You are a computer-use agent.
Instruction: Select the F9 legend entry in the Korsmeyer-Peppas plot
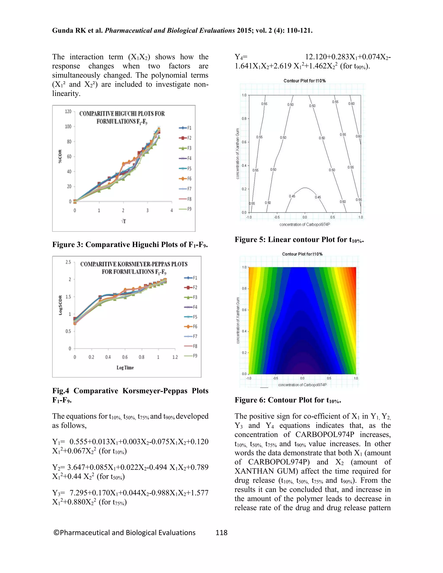click(x=191, y=356)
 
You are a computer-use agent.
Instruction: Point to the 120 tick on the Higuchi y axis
click(x=68, y=112)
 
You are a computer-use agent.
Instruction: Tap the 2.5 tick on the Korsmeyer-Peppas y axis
click(x=68, y=262)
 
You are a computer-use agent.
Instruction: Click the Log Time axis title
click(x=125, y=368)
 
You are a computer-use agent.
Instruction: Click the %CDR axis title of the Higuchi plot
click(x=60, y=156)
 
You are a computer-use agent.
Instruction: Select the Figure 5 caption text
click(x=299, y=240)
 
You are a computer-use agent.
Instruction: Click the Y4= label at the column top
click(x=241, y=57)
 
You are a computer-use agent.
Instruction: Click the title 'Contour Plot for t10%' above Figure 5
click(x=304, y=81)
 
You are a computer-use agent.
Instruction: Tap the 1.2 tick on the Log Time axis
click(x=175, y=357)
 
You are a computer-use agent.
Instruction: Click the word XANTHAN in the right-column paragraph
click(x=254, y=471)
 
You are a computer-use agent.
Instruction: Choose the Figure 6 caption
click(x=288, y=400)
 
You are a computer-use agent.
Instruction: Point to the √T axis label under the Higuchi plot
click(x=124, y=221)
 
